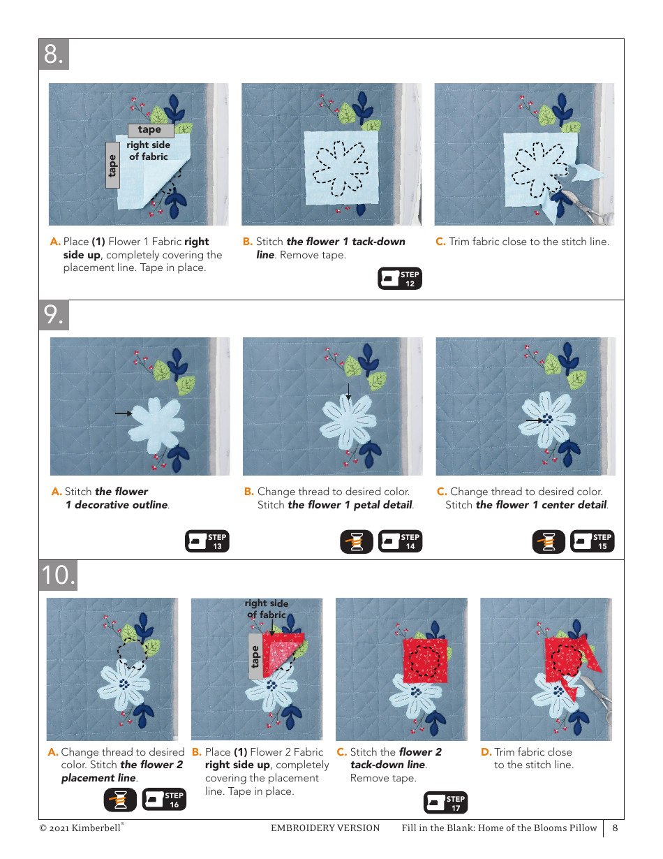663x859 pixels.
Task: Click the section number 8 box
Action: (54, 54)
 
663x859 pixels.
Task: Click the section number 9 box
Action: (54, 315)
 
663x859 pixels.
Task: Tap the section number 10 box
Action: (58, 575)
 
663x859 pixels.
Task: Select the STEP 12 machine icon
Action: (400, 279)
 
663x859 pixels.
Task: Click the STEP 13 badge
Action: (207, 542)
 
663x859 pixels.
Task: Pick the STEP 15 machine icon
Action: (593, 542)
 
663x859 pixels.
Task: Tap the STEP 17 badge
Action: (445, 803)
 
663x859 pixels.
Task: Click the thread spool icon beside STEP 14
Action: (357, 542)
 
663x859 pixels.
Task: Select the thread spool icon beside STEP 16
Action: (120, 800)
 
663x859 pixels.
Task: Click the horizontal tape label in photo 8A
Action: (150, 130)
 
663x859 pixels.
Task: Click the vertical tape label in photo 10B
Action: (255, 656)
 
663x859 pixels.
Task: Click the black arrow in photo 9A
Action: (124, 413)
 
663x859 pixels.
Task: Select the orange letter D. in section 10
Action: (486, 752)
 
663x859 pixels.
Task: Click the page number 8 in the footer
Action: (615, 828)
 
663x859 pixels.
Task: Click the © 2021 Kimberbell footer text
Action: (81, 828)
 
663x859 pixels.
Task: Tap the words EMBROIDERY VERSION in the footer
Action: (325, 828)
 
